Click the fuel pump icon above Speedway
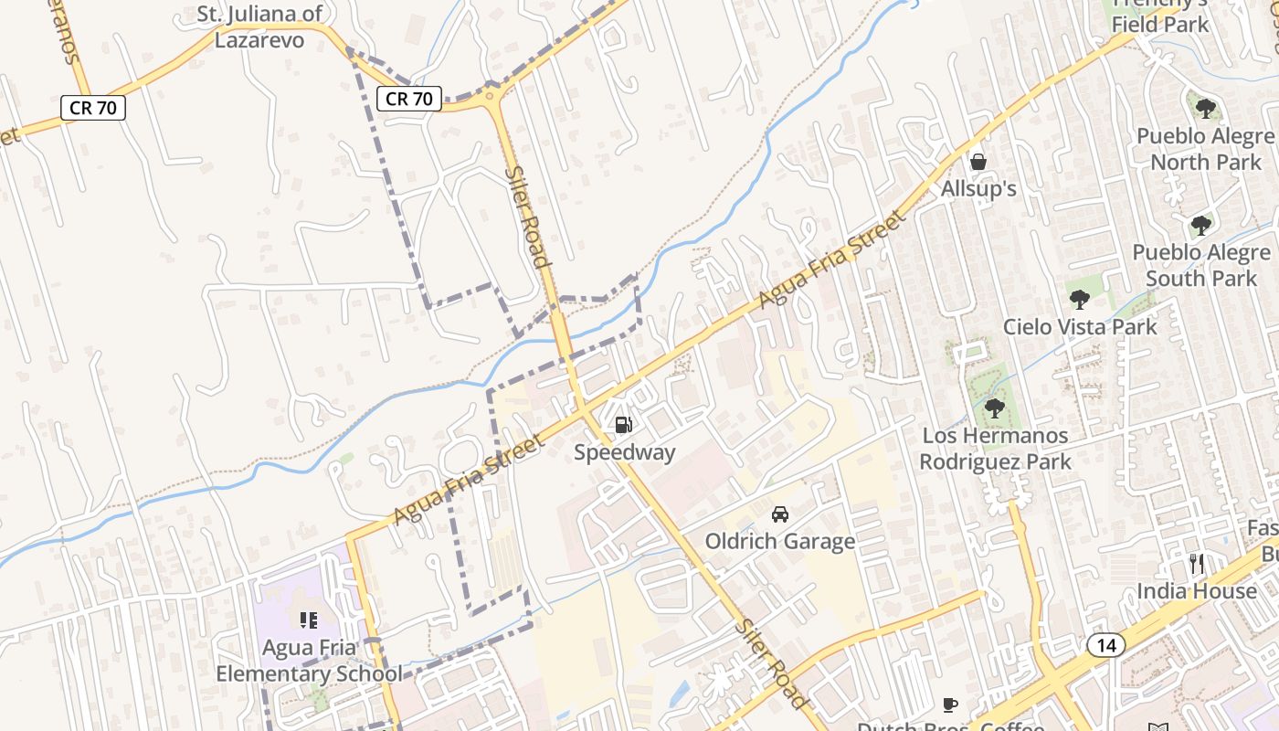623,424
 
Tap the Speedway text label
625,452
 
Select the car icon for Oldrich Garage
779,514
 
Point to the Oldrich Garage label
779,541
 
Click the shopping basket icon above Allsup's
978,162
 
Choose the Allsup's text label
978,189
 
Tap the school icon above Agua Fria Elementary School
308,620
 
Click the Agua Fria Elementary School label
309,661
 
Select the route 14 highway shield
1106,646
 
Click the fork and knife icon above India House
1196,563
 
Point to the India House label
1196,591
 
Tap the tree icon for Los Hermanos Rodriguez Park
994,408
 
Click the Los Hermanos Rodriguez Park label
995,449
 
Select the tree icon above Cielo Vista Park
1079,299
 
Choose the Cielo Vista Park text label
1080,326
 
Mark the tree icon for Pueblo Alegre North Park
1205,109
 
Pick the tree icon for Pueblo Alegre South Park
1200,226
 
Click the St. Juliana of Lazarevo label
260,26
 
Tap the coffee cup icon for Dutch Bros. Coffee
950,705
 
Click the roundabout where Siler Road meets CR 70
492,94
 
